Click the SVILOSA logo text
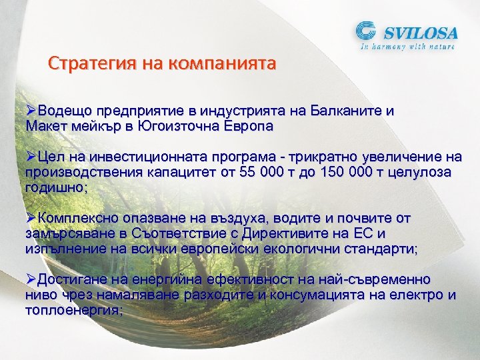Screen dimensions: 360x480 pyautogui.click(x=419, y=31)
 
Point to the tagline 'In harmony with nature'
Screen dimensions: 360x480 pyautogui.click(x=407, y=47)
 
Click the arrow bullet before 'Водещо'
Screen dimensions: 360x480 pyautogui.click(x=31, y=110)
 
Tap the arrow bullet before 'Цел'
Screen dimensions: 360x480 pyautogui.click(x=31, y=157)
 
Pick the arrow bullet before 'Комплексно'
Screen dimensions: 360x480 pyautogui.click(x=31, y=218)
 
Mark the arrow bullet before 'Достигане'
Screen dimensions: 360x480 pyautogui.click(x=31, y=279)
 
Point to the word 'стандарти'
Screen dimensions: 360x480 pyautogui.click(x=380, y=249)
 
